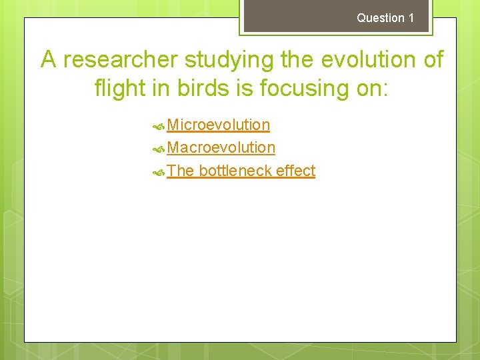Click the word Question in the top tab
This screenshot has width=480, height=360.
pyautogui.click(x=381, y=18)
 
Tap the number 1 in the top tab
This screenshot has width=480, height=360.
pyautogui.click(x=411, y=18)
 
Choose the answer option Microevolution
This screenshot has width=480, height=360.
pyautogui.click(x=218, y=125)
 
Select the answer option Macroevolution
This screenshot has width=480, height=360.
pyautogui.click(x=221, y=147)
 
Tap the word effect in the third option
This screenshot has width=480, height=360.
pyautogui.click(x=295, y=171)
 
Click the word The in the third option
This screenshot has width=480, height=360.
pyautogui.click(x=180, y=171)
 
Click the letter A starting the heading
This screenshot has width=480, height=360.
pyautogui.click(x=49, y=60)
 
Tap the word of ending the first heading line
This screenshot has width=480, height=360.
pyautogui.click(x=431, y=60)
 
